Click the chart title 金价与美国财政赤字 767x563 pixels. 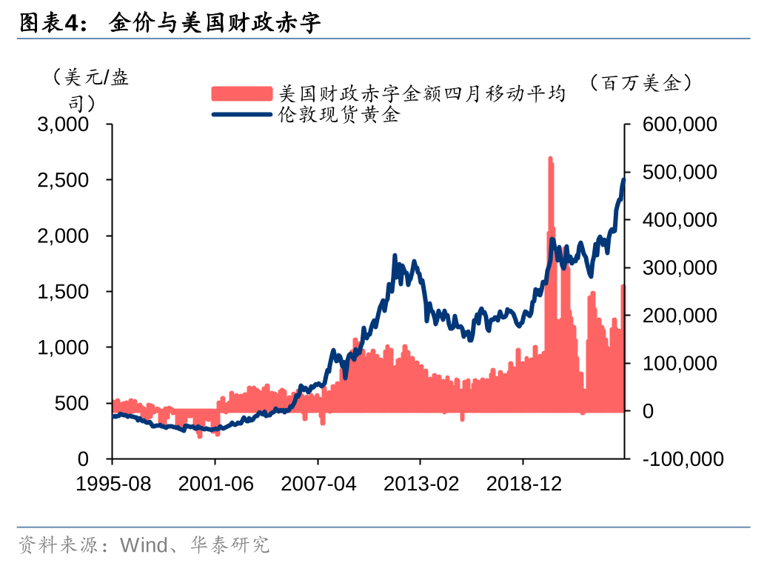[x=215, y=24]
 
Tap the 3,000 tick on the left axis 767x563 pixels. [x=64, y=124]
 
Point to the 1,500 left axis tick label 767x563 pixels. [x=64, y=292]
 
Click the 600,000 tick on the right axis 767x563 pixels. [x=680, y=124]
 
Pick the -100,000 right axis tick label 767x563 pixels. [x=683, y=459]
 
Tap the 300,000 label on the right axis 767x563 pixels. [x=680, y=267]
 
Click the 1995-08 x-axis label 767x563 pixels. [x=114, y=484]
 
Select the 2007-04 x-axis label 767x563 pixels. [x=318, y=484]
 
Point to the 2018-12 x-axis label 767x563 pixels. [x=524, y=484]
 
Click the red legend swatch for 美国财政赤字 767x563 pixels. [x=242, y=94]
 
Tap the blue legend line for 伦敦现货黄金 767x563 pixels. [x=242, y=115]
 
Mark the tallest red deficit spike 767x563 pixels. [x=550, y=160]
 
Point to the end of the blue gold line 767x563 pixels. [x=623, y=179]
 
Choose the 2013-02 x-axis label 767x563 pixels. [x=421, y=484]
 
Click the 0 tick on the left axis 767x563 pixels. [x=83, y=459]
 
